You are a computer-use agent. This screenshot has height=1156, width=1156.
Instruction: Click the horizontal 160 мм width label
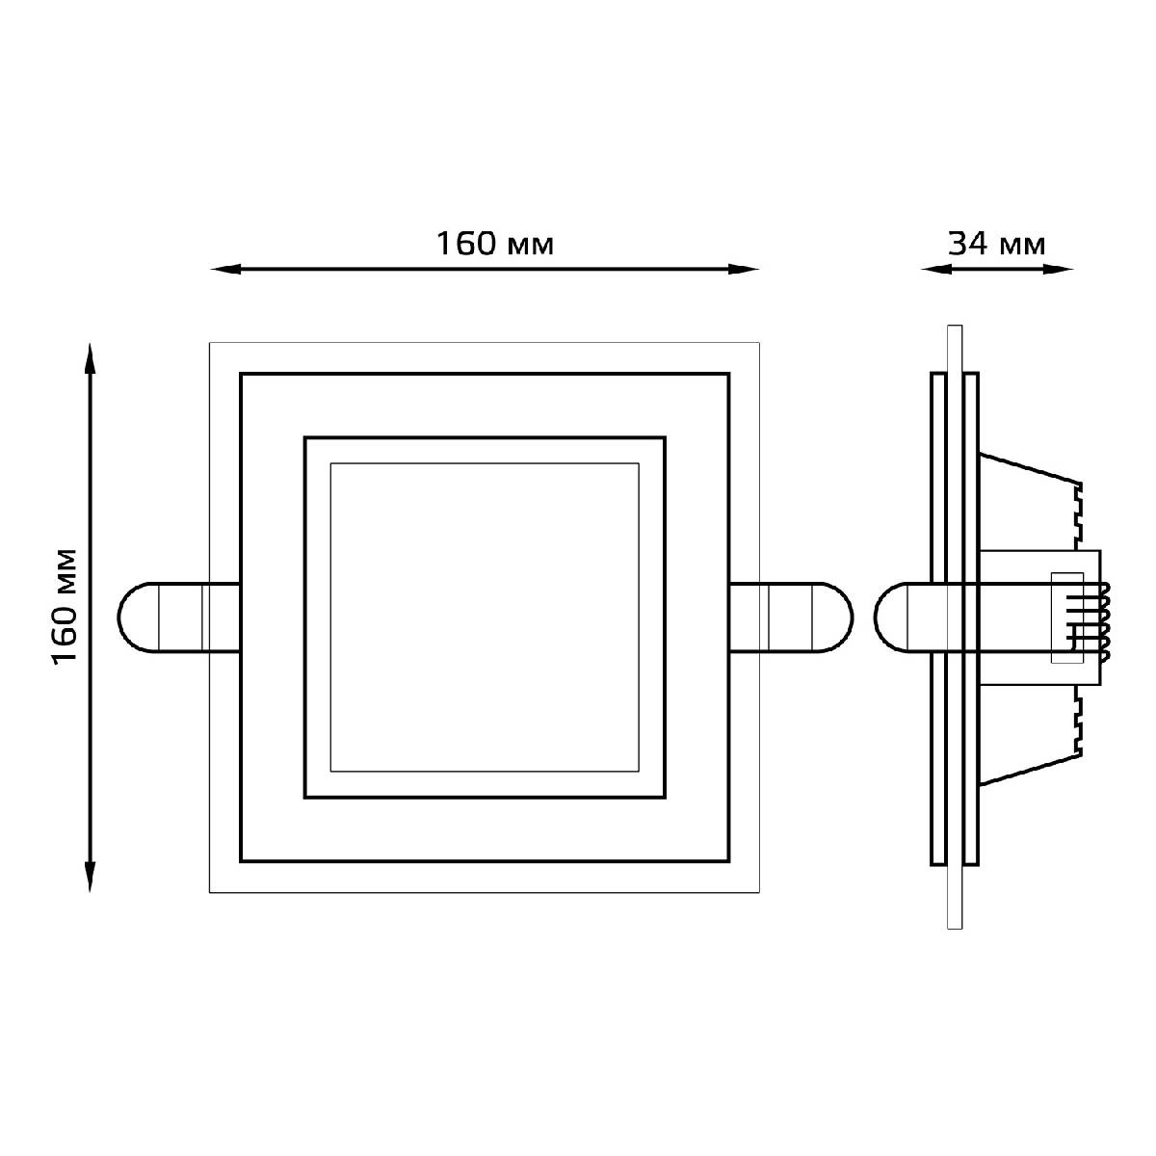point(494,244)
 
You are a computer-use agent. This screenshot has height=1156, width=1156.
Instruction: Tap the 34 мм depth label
point(996,244)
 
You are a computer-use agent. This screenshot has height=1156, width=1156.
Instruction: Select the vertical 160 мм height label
point(65,606)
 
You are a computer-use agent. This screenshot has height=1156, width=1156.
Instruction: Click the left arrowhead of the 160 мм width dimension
point(225,270)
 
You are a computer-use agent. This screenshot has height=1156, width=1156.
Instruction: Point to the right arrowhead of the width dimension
point(744,270)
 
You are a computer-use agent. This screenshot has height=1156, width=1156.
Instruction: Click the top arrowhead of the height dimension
point(90,358)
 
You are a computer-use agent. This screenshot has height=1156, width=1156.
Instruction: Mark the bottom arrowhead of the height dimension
point(90,877)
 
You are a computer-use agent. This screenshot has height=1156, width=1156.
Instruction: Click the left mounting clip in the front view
point(179,617)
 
